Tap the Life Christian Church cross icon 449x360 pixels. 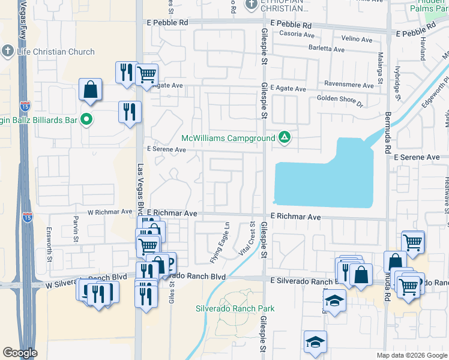8,52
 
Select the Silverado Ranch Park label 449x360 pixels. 235,308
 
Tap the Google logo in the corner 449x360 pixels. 20,353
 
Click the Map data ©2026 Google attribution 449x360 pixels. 411,355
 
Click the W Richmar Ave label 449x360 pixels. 109,212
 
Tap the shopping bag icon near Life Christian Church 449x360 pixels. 89,90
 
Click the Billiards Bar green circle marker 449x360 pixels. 86,120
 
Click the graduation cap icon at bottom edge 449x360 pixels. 315,342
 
